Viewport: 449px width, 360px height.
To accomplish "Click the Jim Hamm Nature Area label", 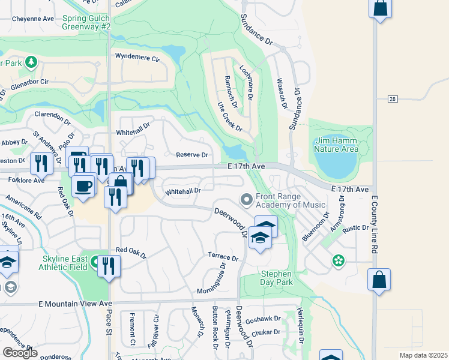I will [x=337, y=145].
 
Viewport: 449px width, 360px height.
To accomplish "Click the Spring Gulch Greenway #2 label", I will [x=86, y=23].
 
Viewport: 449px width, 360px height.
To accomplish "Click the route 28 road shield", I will [x=393, y=99].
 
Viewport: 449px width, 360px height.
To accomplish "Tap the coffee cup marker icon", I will [x=84, y=184].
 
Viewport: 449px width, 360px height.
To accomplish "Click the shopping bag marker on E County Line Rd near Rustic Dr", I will [x=379, y=280].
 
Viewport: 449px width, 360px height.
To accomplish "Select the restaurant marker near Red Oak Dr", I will [x=109, y=266].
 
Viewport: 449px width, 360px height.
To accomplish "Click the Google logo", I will [x=20, y=353].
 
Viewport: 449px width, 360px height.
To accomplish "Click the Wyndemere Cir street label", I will [x=137, y=59].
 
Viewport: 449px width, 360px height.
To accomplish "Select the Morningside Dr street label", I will [x=212, y=279].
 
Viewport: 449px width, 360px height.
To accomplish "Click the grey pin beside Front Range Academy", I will [x=246, y=199].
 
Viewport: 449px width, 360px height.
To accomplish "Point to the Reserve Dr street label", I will [x=191, y=155].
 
